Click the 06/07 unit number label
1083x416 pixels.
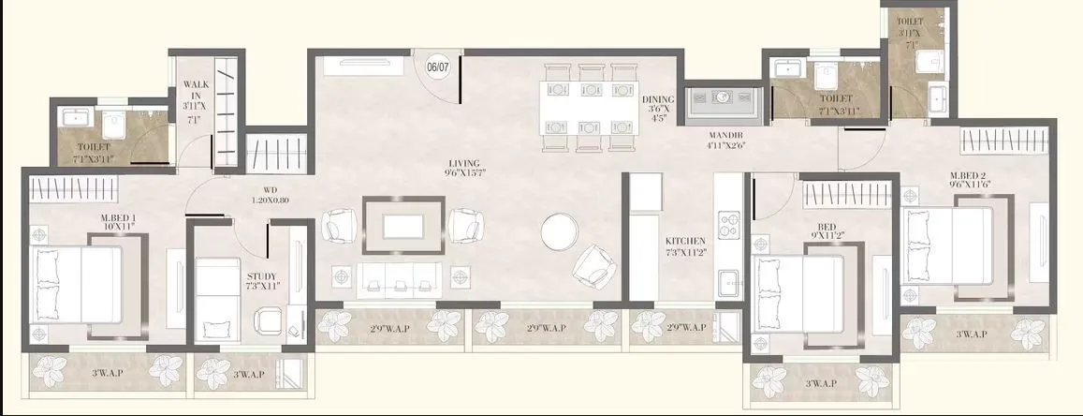(x=437, y=67)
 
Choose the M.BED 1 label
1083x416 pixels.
(x=119, y=222)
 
